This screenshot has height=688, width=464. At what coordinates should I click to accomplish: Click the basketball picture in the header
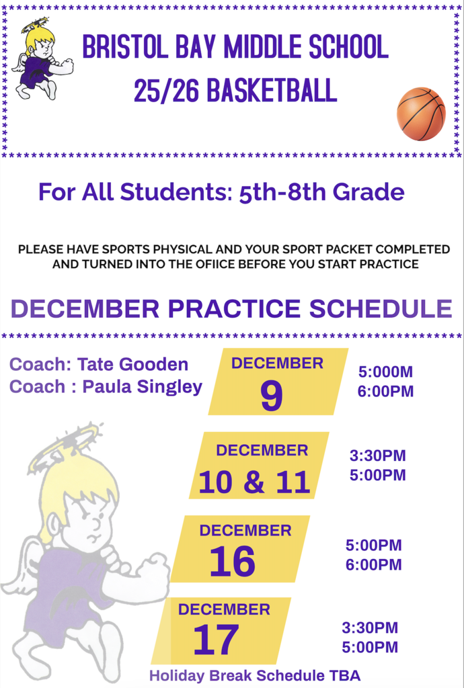[x=421, y=114]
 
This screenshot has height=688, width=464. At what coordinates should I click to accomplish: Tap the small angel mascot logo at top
[x=40, y=59]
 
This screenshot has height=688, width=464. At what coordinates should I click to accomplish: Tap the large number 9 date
[x=272, y=398]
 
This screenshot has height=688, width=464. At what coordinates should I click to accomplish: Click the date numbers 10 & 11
[x=254, y=482]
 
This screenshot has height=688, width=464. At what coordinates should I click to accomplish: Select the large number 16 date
[x=233, y=562]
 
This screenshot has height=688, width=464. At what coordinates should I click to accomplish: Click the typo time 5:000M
[x=385, y=372]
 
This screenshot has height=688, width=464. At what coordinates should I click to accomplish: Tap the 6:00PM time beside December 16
[x=373, y=564]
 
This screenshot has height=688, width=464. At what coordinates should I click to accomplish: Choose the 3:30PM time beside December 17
[x=370, y=628]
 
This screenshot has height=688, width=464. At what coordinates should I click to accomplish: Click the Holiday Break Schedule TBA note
[x=254, y=675]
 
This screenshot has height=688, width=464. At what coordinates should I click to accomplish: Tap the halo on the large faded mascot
[x=65, y=444]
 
